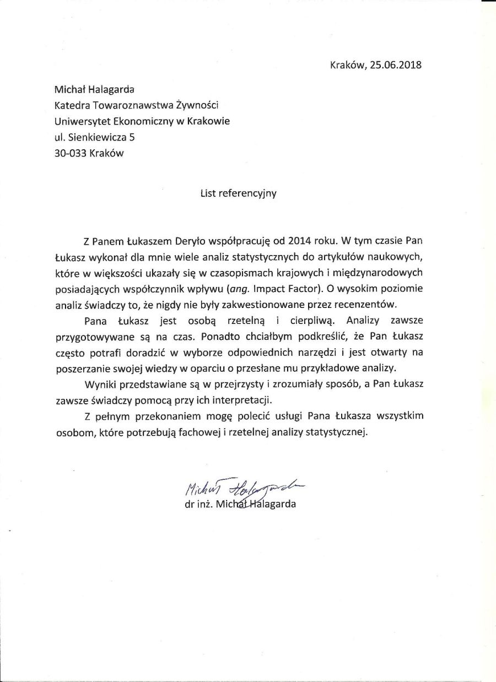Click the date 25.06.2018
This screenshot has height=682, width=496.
(396, 65)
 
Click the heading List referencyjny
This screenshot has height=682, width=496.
(238, 193)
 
